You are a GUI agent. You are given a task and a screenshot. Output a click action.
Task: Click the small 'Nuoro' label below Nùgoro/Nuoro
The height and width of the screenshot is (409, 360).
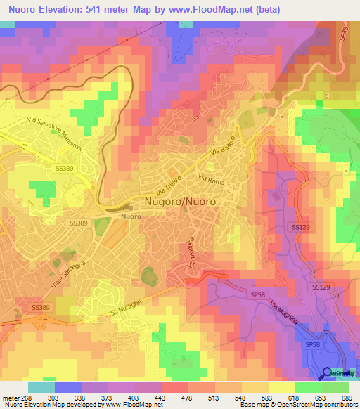pyautogui.click(x=130, y=216)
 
